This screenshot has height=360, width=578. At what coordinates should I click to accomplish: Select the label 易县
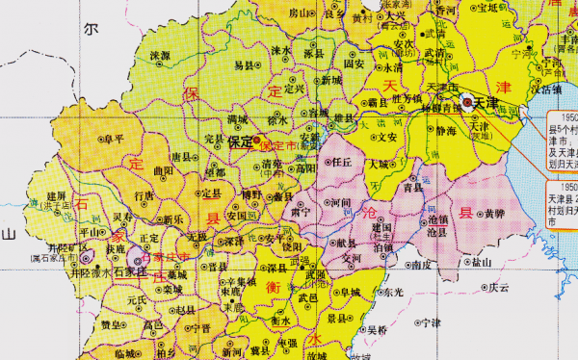[245, 64]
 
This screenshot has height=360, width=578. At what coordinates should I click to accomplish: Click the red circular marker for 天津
[467, 100]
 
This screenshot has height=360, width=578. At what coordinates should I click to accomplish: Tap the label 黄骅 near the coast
[494, 213]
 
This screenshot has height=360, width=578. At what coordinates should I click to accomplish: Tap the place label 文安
[387, 137]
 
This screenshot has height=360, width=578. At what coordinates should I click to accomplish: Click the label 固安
[355, 64]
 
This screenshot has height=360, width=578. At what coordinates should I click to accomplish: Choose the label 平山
[92, 232]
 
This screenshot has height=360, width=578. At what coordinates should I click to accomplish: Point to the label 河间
[339, 203]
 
